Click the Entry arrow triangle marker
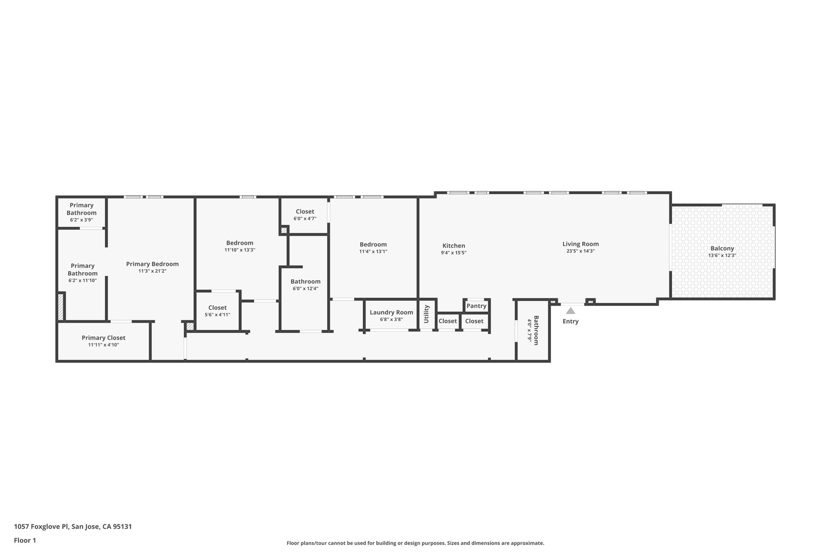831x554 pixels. pyautogui.click(x=571, y=311)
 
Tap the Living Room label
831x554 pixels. pyautogui.click(x=580, y=244)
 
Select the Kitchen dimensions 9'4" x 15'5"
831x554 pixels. pyautogui.click(x=454, y=253)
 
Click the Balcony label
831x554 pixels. pyautogui.click(x=722, y=248)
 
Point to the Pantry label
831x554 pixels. pyautogui.click(x=476, y=306)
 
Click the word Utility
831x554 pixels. pyautogui.click(x=426, y=314)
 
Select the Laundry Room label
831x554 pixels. pyautogui.click(x=391, y=312)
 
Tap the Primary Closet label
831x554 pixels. pyautogui.click(x=103, y=338)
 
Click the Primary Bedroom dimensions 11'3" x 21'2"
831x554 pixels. pyautogui.click(x=152, y=271)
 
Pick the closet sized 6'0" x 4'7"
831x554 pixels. pyautogui.click(x=305, y=215)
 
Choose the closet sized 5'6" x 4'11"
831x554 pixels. pyautogui.click(x=217, y=311)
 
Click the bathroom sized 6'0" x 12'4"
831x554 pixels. pyautogui.click(x=305, y=285)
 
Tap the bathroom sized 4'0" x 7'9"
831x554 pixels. pyautogui.click(x=533, y=330)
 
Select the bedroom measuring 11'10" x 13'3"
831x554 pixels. pyautogui.click(x=239, y=246)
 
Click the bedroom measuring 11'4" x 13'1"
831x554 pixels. pyautogui.click(x=373, y=248)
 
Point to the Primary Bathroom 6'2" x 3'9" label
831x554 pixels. pyautogui.click(x=82, y=212)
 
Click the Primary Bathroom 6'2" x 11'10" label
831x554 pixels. pyautogui.click(x=82, y=272)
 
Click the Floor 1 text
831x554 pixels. pyautogui.click(x=25, y=540)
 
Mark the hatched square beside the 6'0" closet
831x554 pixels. pyautogui.click(x=284, y=230)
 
